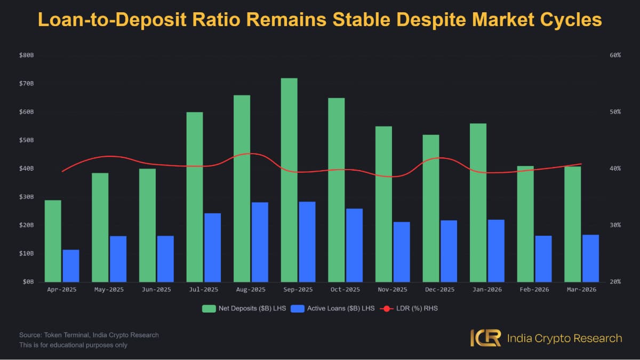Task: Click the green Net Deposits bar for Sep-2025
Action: (x=289, y=180)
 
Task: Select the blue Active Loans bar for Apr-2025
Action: (x=71, y=266)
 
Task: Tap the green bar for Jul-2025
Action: (x=195, y=197)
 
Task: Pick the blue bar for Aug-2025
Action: (x=260, y=242)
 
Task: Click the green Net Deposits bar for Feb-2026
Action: (x=525, y=224)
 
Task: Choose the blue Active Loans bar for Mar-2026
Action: (x=590, y=258)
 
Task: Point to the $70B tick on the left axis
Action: (x=26, y=83)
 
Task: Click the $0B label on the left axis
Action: (x=28, y=282)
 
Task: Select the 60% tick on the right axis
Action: (x=615, y=55)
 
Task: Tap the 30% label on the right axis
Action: (x=615, y=225)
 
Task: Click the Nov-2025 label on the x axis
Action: (x=393, y=290)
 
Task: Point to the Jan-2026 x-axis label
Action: (x=487, y=290)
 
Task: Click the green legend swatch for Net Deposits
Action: (x=209, y=309)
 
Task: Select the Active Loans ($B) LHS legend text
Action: (x=341, y=309)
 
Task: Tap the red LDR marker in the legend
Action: (x=387, y=309)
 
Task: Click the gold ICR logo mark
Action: (x=486, y=338)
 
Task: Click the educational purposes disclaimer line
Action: (x=73, y=345)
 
